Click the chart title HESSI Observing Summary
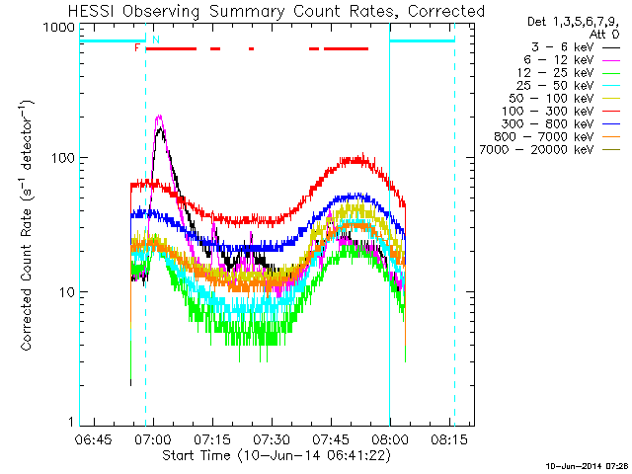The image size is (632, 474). (x=276, y=11)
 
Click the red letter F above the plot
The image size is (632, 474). (x=137, y=47)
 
